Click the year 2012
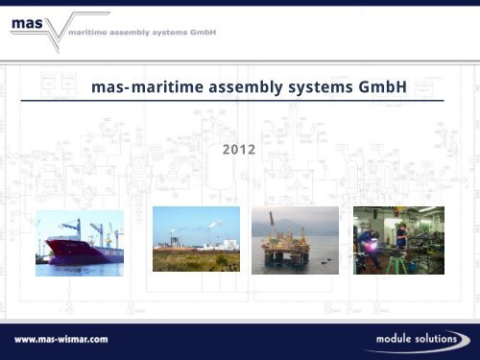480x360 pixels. [x=240, y=150]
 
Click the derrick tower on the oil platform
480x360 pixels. [x=289, y=224]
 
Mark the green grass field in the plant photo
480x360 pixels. [x=196, y=261]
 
